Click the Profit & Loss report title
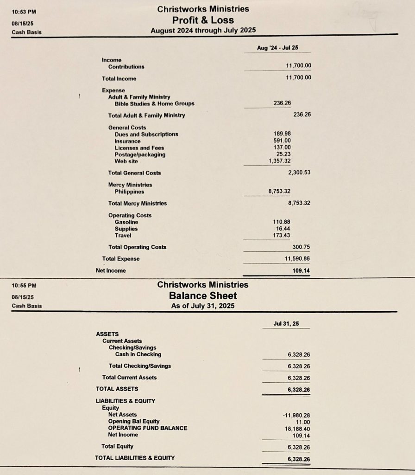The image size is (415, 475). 203,20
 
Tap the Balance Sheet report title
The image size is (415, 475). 203,295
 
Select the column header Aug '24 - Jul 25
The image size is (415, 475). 277,47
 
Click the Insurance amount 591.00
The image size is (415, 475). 282,141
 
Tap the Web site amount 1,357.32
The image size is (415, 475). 280,161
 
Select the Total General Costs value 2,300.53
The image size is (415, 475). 299,173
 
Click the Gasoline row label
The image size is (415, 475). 126,222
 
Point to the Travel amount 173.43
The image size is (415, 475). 282,236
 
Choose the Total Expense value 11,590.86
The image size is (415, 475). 297,258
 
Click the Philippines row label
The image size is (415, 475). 129,192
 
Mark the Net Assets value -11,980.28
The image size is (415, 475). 296,415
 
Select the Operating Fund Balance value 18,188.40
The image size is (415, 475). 298,429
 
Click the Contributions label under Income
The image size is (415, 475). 126,67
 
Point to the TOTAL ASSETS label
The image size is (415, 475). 117,389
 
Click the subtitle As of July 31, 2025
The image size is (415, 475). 203,306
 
